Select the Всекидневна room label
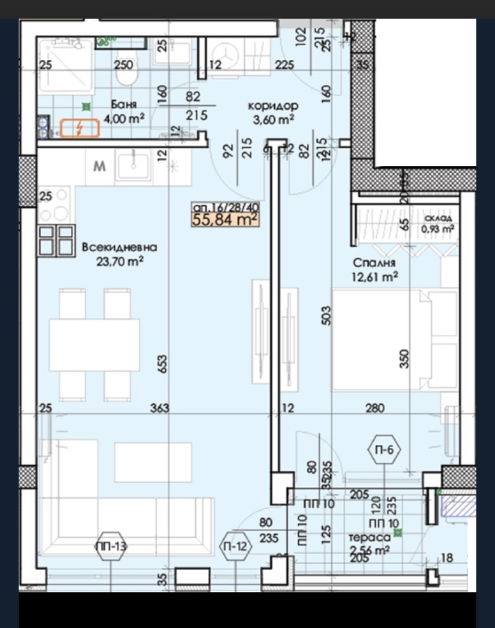[x=119, y=247]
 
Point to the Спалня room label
[x=371, y=263]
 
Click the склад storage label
[x=438, y=218]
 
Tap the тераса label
[x=369, y=538]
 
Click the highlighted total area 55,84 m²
[x=225, y=218]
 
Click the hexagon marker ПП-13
[x=111, y=546]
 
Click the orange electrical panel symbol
[x=80, y=129]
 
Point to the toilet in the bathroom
[x=126, y=77]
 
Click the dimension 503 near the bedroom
[x=327, y=316]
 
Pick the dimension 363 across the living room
[x=159, y=408]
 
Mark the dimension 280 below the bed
[x=374, y=408]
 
